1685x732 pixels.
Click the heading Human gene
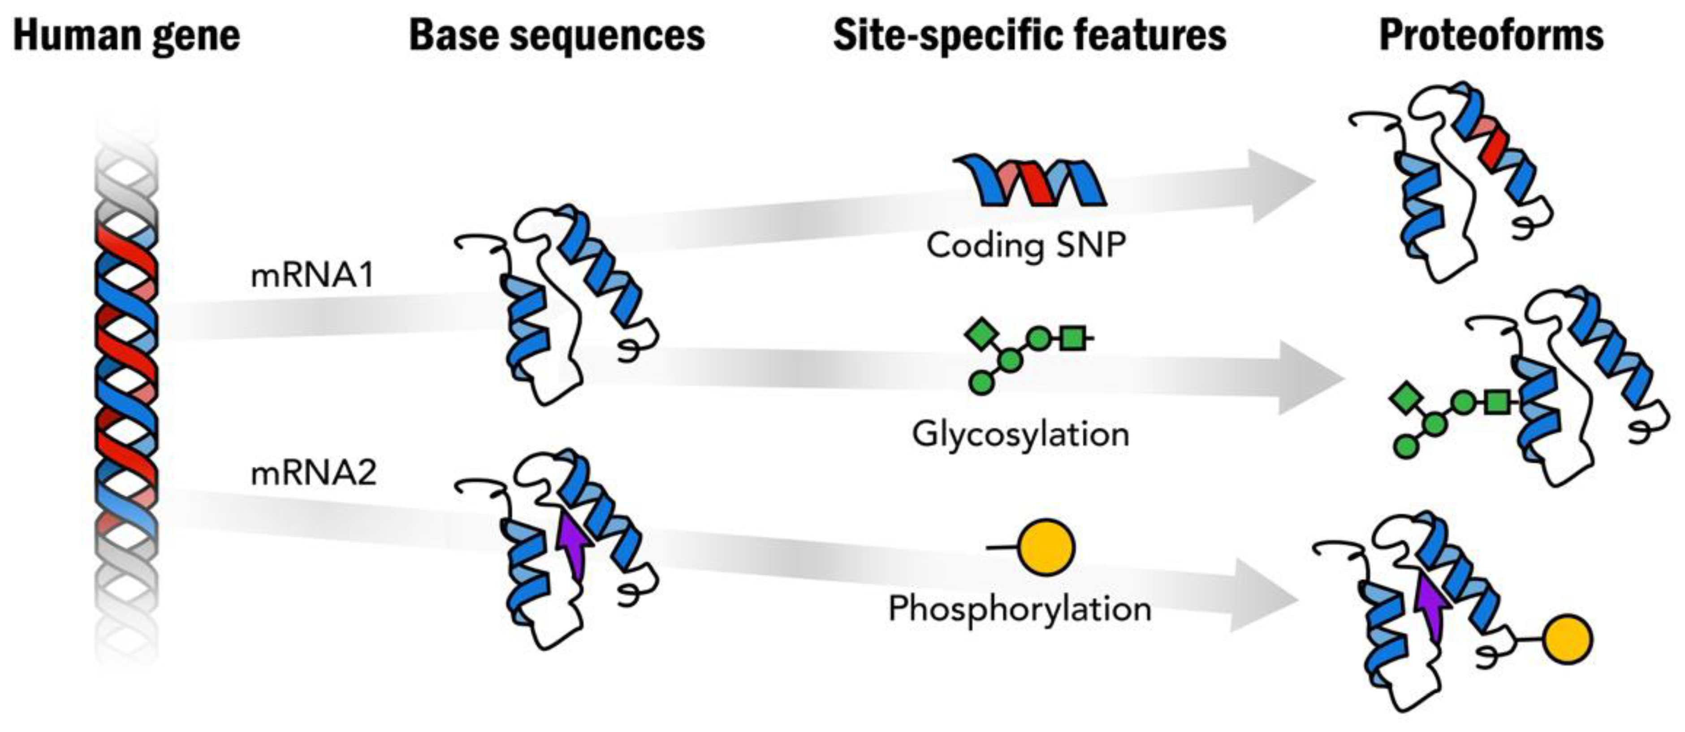tap(126, 35)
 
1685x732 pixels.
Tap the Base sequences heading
tap(557, 35)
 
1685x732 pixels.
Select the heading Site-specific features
tap(1029, 35)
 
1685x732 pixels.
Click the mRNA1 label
tap(313, 275)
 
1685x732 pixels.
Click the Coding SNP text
tap(1026, 246)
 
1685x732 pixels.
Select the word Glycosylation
tap(1020, 434)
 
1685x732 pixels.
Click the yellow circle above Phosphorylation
tap(1047, 547)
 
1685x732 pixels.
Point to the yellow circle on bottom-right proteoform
tap(1567, 640)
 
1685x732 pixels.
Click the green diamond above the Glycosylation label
tap(981, 334)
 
